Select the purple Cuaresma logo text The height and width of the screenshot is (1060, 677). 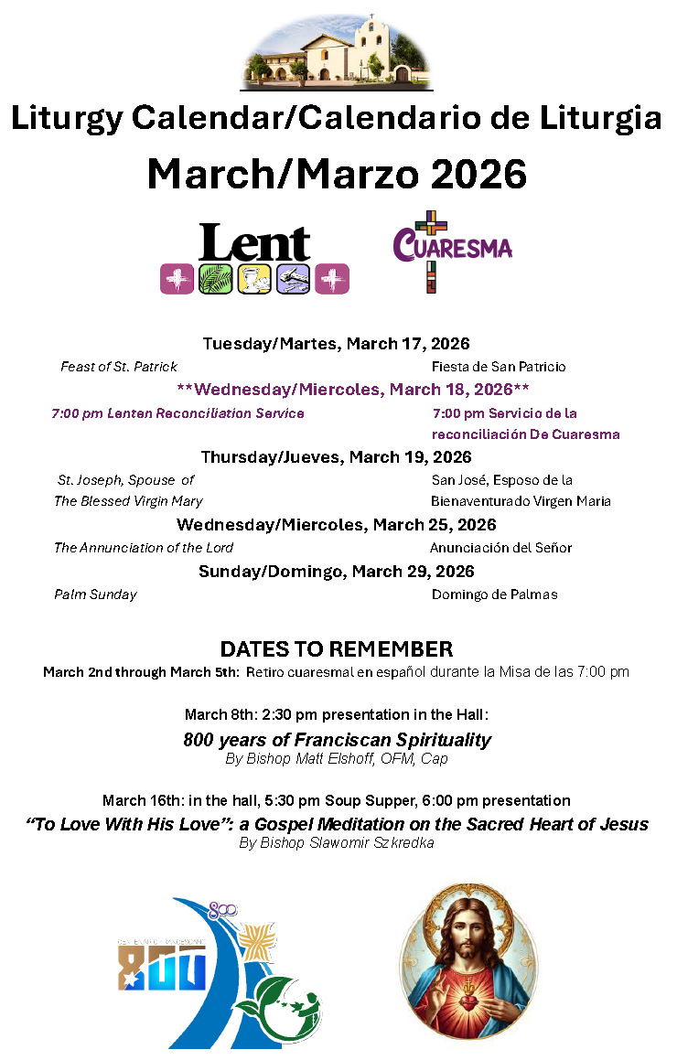click(x=452, y=247)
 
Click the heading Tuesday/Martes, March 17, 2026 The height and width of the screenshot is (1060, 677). click(x=336, y=344)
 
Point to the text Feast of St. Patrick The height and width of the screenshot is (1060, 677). click(x=119, y=367)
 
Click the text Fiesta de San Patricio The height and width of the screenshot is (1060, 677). click(x=499, y=367)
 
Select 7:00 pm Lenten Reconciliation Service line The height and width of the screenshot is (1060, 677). click(x=178, y=413)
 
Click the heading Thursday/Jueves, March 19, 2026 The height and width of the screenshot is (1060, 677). click(x=336, y=457)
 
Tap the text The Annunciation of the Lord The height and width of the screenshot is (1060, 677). click(x=144, y=548)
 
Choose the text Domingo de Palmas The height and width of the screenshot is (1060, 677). click(x=494, y=594)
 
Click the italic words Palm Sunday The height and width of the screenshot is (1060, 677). click(x=95, y=594)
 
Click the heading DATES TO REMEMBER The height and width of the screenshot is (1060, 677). click(x=336, y=649)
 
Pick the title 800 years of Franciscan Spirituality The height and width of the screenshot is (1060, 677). click(x=337, y=740)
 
